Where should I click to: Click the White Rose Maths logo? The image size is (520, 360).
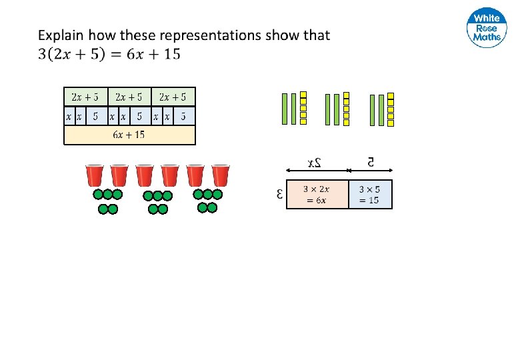pyautogui.click(x=487, y=29)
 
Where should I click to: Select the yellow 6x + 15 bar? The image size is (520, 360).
pyautogui.click(x=129, y=135)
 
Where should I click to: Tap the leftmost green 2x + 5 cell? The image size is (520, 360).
pyautogui.click(x=85, y=97)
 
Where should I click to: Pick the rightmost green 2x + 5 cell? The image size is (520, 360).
pyautogui.click(x=173, y=97)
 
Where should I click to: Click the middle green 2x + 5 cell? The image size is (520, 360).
pyautogui.click(x=129, y=97)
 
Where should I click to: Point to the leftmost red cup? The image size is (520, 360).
pyautogui.click(x=94, y=176)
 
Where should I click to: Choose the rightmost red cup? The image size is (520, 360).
pyautogui.click(x=221, y=176)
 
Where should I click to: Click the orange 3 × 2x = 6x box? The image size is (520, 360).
pyautogui.click(x=317, y=194)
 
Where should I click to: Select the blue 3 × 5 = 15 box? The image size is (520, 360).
pyautogui.click(x=371, y=194)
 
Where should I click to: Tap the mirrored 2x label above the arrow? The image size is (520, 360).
pyautogui.click(x=315, y=162)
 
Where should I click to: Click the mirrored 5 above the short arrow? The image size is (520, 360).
pyautogui.click(x=371, y=161)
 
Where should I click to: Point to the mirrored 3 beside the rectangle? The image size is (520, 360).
pyautogui.click(x=279, y=195)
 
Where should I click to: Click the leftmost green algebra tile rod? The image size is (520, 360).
pyautogui.click(x=285, y=109)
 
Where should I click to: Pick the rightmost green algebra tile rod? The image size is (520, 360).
pyautogui.click(x=381, y=109)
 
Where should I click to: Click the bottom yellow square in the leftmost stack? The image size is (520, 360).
pyautogui.click(x=303, y=121)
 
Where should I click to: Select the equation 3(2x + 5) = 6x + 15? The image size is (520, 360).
pyautogui.click(x=109, y=54)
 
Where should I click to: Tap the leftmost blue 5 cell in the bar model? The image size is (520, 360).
pyautogui.click(x=95, y=116)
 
